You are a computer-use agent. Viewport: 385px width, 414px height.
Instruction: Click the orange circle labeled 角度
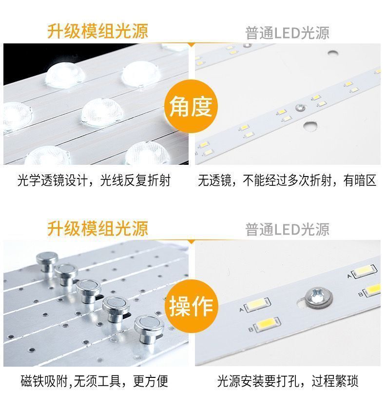[191, 106]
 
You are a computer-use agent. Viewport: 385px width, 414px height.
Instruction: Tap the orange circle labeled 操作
[192, 306]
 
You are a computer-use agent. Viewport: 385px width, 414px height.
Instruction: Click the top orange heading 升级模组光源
[97, 31]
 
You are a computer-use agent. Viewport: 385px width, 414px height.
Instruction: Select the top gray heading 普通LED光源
[288, 33]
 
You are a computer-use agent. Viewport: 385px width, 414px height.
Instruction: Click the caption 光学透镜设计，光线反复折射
[94, 180]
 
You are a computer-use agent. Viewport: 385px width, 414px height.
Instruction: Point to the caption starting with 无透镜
[287, 180]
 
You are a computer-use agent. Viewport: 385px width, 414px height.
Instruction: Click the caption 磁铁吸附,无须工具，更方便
[94, 381]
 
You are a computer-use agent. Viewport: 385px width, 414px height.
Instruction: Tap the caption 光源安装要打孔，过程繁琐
[288, 381]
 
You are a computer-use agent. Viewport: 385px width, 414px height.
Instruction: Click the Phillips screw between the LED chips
[319, 297]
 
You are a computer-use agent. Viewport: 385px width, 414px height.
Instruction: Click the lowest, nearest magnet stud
[149, 329]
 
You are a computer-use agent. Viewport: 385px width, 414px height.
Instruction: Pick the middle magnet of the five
[88, 291]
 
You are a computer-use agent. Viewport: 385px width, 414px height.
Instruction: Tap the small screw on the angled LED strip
[300, 107]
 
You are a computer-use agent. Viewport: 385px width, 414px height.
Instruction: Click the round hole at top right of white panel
[333, 53]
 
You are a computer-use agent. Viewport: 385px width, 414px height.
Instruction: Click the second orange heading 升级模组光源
[97, 228]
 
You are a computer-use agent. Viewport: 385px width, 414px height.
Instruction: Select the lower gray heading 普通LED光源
[288, 230]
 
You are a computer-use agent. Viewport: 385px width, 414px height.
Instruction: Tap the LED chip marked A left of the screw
[257, 305]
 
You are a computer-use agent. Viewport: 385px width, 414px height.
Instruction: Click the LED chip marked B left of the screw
[267, 323]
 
